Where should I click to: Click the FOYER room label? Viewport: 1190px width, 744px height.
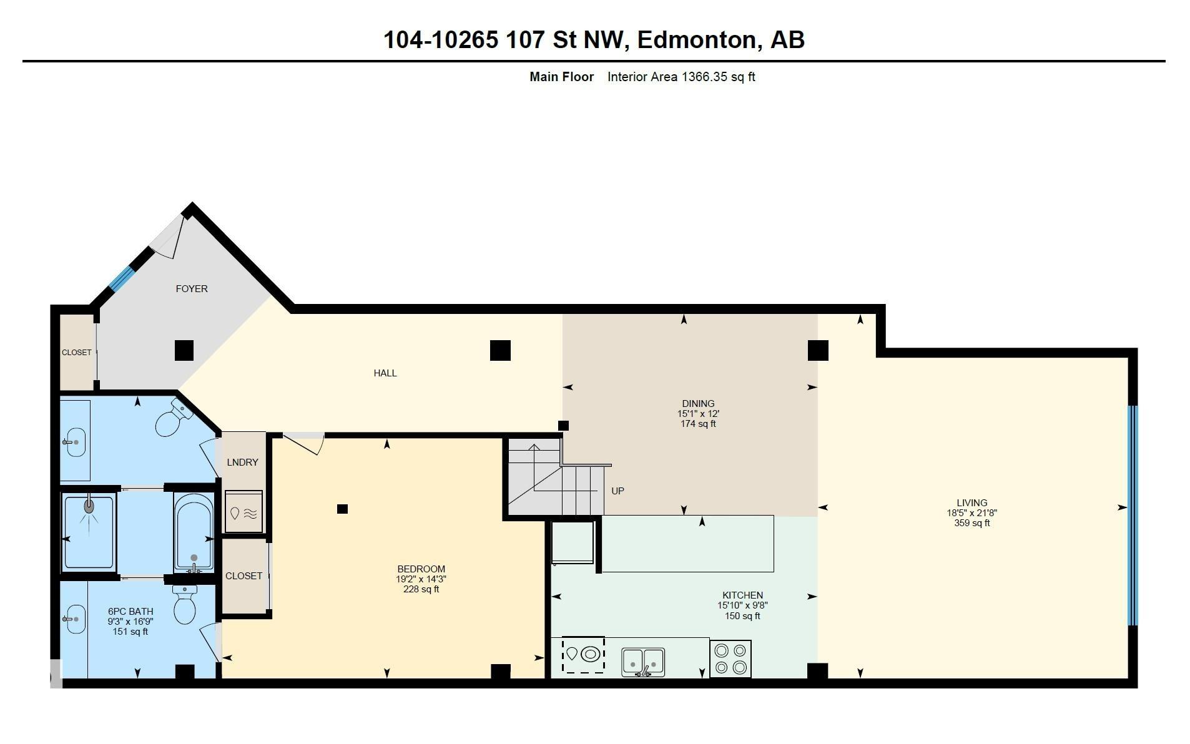pos(192,289)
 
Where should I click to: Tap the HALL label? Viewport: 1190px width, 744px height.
pos(385,373)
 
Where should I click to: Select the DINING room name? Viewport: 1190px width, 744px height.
pos(698,404)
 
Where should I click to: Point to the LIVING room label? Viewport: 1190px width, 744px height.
pos(972,503)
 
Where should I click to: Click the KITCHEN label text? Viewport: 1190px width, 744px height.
pos(743,595)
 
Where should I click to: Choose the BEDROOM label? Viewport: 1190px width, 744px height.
pos(421,569)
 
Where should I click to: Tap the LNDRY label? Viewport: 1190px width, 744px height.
pos(242,463)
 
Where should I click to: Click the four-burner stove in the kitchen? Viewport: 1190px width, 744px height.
pos(730,658)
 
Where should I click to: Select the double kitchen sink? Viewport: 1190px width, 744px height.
pos(643,662)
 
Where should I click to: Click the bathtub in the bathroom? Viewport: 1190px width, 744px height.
pos(194,532)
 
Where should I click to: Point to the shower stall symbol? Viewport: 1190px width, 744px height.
pos(89,531)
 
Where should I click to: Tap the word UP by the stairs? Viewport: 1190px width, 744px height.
pos(617,491)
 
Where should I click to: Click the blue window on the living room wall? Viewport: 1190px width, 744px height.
pos(1133,516)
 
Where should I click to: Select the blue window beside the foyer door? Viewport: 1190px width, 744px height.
pos(122,278)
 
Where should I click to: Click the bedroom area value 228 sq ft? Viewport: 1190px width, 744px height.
pos(421,589)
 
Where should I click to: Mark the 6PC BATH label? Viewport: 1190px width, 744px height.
pos(130,612)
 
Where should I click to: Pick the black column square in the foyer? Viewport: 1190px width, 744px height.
pos(184,350)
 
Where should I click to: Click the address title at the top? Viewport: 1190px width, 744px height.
pos(594,40)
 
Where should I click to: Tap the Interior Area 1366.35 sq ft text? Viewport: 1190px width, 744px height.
pos(681,77)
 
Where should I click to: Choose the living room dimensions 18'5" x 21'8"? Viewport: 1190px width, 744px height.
pos(972,513)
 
